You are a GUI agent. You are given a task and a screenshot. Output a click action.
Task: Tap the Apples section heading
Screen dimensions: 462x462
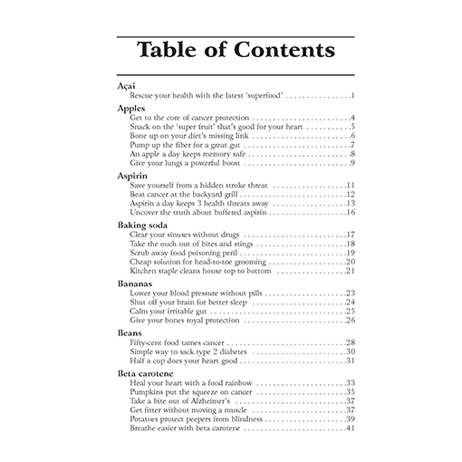click(x=131, y=109)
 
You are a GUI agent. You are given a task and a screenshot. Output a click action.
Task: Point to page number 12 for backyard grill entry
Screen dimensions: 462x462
click(x=350, y=194)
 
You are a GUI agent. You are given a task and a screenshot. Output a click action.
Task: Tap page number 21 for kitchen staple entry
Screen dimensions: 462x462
click(x=350, y=271)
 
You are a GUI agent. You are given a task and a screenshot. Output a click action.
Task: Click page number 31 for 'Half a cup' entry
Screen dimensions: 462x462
click(x=350, y=361)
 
